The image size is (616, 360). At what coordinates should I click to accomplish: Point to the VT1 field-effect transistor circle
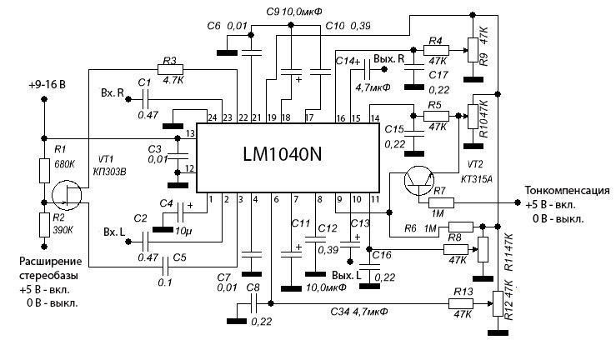[x=63, y=197]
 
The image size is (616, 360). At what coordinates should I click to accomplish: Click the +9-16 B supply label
[x=47, y=85]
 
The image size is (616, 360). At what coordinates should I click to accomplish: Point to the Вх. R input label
[x=113, y=91]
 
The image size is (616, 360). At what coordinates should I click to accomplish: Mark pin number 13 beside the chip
[x=190, y=133]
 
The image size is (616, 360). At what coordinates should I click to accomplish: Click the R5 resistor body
[x=434, y=114]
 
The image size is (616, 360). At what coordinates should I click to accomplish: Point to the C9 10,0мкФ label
[x=292, y=12]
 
